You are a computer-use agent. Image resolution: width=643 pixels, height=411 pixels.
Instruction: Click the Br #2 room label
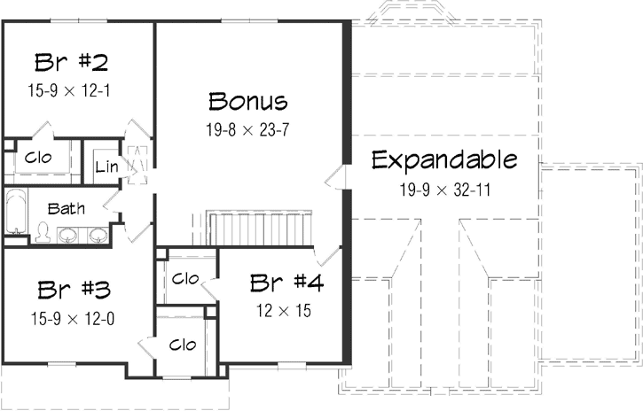click(72, 63)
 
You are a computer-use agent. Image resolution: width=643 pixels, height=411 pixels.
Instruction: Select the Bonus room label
click(248, 100)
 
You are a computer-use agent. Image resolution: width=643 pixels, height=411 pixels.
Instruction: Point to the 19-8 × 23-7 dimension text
click(248, 129)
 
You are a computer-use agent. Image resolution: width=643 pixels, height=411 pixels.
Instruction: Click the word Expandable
click(444, 161)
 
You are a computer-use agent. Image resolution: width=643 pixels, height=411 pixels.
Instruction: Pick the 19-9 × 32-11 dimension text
click(444, 189)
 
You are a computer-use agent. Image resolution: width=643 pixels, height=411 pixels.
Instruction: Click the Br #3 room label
click(74, 291)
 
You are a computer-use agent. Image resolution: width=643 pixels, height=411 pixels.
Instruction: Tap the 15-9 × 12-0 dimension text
click(74, 318)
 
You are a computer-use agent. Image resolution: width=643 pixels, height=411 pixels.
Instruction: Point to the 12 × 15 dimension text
click(286, 311)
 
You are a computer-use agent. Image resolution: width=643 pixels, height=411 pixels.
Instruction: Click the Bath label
click(67, 209)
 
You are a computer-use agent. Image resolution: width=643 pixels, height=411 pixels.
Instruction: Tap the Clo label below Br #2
click(38, 158)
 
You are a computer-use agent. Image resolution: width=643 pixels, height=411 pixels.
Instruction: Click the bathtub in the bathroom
click(14, 213)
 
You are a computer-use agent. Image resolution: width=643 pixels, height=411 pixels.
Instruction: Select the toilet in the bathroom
click(42, 232)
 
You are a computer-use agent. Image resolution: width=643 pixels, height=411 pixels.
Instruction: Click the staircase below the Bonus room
click(259, 228)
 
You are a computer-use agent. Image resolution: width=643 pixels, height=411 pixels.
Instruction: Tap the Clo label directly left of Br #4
click(184, 279)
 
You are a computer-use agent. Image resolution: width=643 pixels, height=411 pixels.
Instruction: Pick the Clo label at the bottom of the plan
click(183, 344)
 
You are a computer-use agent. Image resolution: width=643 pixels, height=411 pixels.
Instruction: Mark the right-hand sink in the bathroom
click(98, 236)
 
